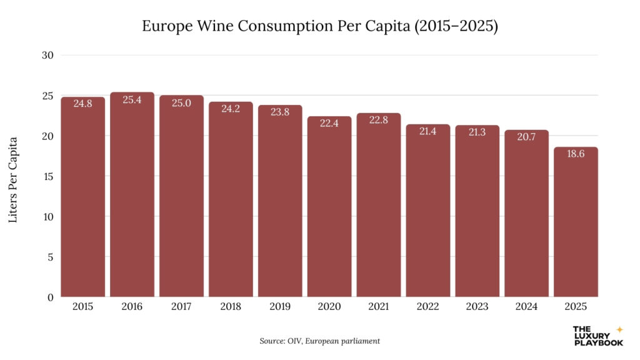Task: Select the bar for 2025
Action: [576, 222]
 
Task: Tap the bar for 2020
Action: [329, 207]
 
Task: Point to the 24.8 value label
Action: [82, 104]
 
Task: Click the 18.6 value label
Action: [576, 154]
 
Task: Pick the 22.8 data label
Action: [379, 120]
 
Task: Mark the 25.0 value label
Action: [181, 102]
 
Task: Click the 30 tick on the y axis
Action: [49, 55]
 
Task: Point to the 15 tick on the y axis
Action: [49, 176]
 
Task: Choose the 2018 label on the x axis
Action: [231, 307]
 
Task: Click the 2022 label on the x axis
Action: [428, 307]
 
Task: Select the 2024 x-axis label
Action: [527, 307]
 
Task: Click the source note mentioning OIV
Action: [320, 341]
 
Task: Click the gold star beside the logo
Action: [619, 329]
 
